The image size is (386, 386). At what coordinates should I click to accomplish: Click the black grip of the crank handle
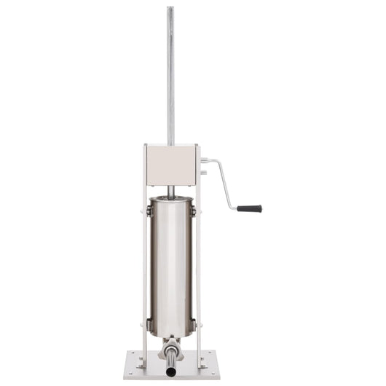[x=249, y=208]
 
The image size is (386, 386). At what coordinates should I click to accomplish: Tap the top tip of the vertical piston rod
[x=170, y=9]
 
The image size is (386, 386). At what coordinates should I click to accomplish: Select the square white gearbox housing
[x=171, y=165]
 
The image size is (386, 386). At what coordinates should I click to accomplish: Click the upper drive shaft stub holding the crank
[x=205, y=160]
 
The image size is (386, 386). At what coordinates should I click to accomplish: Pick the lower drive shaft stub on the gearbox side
[x=203, y=173]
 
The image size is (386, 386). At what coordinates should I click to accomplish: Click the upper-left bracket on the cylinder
[x=149, y=210]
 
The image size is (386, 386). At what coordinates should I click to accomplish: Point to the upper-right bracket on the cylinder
[x=194, y=210]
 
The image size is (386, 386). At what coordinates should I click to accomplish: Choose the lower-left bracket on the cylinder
[x=149, y=324]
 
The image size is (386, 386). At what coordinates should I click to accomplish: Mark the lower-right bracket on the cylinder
[x=194, y=324]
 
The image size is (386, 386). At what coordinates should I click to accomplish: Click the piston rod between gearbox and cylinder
[x=171, y=191]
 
